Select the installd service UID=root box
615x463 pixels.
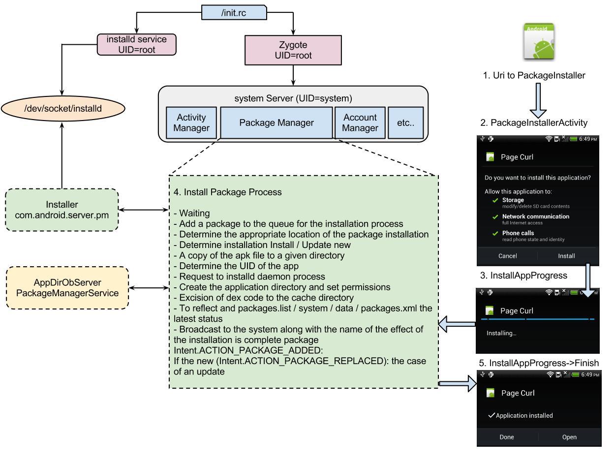[x=137, y=44]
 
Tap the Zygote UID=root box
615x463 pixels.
[x=293, y=50]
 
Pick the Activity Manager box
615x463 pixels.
[x=191, y=123]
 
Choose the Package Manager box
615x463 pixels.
[x=276, y=123]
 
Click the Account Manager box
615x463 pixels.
[x=360, y=123]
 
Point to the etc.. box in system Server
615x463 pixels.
[x=405, y=123]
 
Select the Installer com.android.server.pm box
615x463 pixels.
[x=62, y=210]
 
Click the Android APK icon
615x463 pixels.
[x=538, y=42]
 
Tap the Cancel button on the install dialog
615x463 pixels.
[x=507, y=256]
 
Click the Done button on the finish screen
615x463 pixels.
[x=506, y=437]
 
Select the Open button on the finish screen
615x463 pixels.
[x=569, y=437]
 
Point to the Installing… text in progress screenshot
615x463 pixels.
[x=501, y=333]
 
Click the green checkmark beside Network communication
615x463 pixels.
[x=495, y=217]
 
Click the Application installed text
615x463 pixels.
[x=524, y=416]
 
